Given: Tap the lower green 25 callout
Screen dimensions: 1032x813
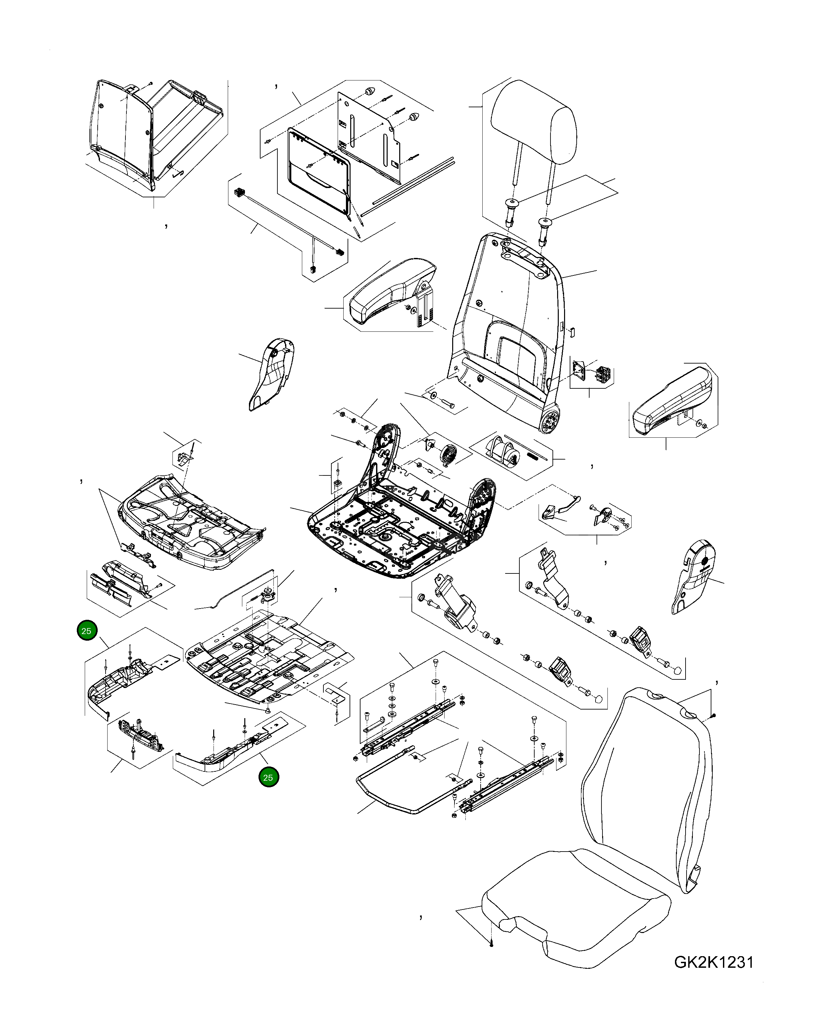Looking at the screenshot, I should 268,777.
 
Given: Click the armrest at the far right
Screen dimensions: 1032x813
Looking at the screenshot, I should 671,407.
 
